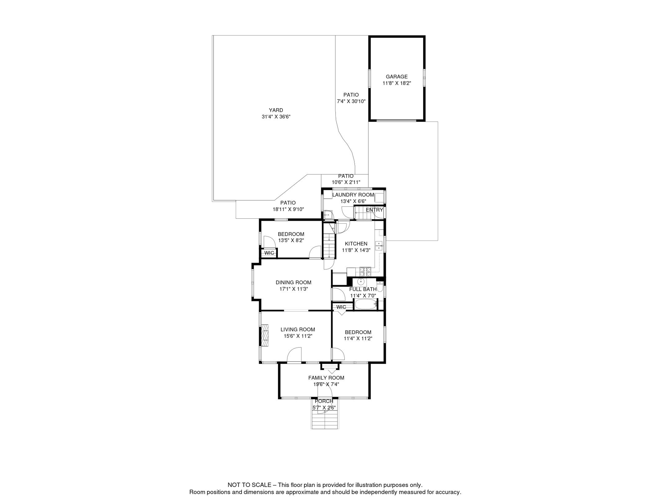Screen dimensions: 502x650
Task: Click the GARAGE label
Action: coord(397,77)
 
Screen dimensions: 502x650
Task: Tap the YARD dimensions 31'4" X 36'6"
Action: coord(276,117)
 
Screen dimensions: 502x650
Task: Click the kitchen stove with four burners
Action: coord(365,271)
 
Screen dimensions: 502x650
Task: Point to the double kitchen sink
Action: coord(379,246)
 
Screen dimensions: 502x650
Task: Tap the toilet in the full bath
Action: coord(380,287)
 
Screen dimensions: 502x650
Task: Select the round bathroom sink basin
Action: coord(361,281)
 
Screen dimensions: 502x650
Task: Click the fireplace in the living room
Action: coord(265,335)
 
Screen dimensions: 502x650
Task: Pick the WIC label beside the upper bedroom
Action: coord(269,253)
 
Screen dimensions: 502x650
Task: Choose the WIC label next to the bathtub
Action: coord(341,307)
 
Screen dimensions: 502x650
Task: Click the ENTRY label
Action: coord(374,210)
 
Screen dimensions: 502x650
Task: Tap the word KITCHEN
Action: coord(356,244)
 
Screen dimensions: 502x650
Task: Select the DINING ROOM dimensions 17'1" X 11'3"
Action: coord(293,289)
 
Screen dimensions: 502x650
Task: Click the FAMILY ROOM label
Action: coord(326,378)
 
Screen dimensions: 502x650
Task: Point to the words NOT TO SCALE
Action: coord(249,485)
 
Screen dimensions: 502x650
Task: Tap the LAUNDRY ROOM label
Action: coord(353,195)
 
